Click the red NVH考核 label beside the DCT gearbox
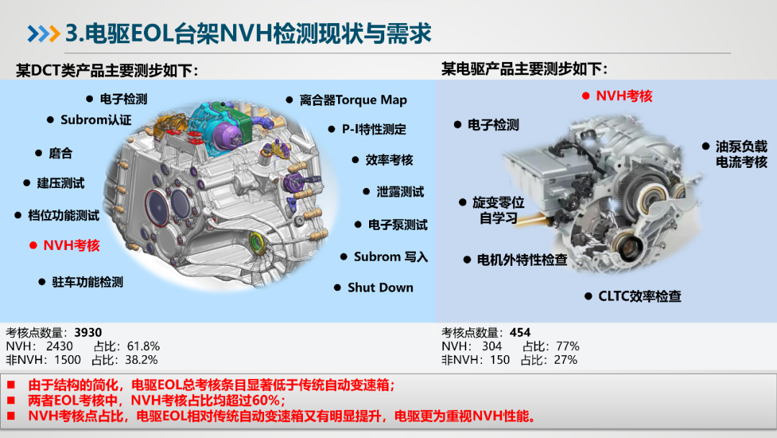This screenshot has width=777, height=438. [x=71, y=246]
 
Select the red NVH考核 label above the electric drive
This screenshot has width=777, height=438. [x=624, y=97]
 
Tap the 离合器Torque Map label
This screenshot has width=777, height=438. [x=353, y=100]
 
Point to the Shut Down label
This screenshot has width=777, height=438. [x=380, y=287]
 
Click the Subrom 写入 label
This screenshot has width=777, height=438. [x=391, y=257]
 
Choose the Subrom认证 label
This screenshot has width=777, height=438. [x=96, y=120]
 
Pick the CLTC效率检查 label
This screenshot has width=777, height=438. [x=640, y=297]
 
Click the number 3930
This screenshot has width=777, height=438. [x=88, y=332]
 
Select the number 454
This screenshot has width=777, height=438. [x=520, y=332]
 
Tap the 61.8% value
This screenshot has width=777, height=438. [x=143, y=347]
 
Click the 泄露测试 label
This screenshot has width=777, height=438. [x=400, y=192]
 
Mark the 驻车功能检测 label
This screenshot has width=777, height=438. [x=87, y=282]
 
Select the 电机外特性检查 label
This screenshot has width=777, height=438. [x=522, y=260]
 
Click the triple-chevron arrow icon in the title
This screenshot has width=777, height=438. [x=44, y=34]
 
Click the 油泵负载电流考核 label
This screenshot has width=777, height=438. [x=741, y=154]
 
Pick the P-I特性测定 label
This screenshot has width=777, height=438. [x=373, y=130]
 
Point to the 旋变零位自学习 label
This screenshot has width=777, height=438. [x=498, y=210]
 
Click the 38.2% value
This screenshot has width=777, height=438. [x=141, y=360]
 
